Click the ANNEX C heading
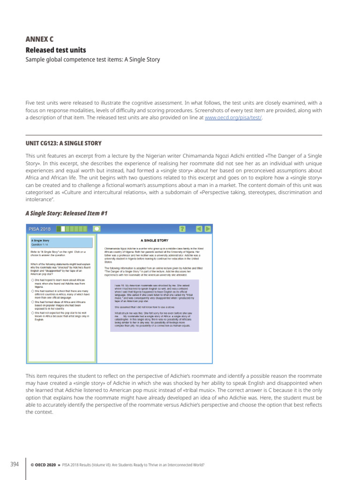click(x=39, y=39)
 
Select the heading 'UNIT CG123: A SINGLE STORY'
click(x=63, y=143)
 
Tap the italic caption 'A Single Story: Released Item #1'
click(x=66, y=213)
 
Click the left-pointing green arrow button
click(x=199, y=229)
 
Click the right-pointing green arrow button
click(x=208, y=229)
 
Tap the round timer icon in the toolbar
click(x=97, y=229)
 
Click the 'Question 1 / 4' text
click(x=40, y=245)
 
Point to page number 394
click(x=15, y=465)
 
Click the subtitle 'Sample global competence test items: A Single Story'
click(x=92, y=60)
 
